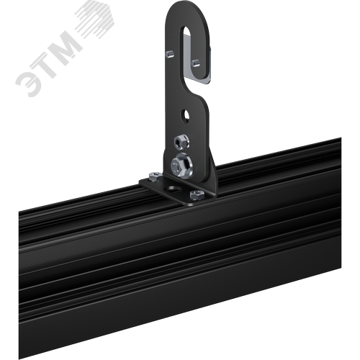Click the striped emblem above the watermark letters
click(x=96, y=19)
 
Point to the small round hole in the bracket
click(x=186, y=114)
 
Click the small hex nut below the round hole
click(x=181, y=142)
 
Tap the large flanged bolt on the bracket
click(x=181, y=166)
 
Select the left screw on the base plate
click(x=155, y=176)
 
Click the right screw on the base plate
click(x=197, y=194)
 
